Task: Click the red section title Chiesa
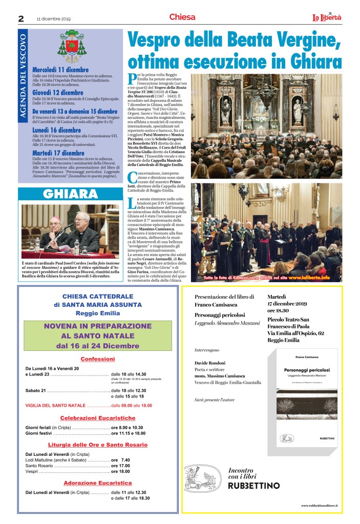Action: click(182, 17)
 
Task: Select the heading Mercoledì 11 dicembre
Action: click(60, 70)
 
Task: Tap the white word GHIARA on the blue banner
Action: click(70, 194)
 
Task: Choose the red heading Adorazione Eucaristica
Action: click(97, 483)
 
